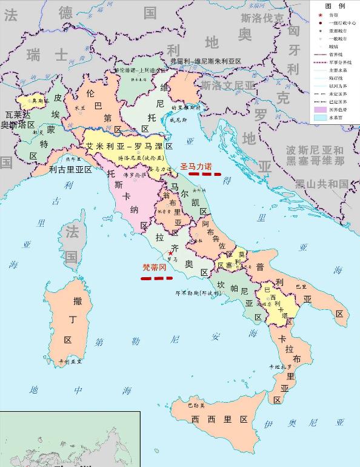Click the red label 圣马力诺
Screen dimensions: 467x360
pyautogui.click(x=196, y=166)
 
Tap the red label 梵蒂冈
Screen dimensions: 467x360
pyautogui.click(x=153, y=266)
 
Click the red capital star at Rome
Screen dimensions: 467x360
pyautogui.click(x=170, y=252)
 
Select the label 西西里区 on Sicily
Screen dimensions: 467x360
pyautogui.click(x=219, y=420)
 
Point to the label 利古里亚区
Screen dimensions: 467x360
pyautogui.click(x=70, y=170)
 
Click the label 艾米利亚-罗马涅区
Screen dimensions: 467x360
pyautogui.click(x=129, y=147)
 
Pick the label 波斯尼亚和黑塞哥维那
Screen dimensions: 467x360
pyautogui.click(x=315, y=155)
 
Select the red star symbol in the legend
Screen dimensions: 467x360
pyautogui.click(x=318, y=15)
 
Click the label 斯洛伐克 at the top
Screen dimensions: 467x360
pyautogui.click(x=262, y=18)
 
